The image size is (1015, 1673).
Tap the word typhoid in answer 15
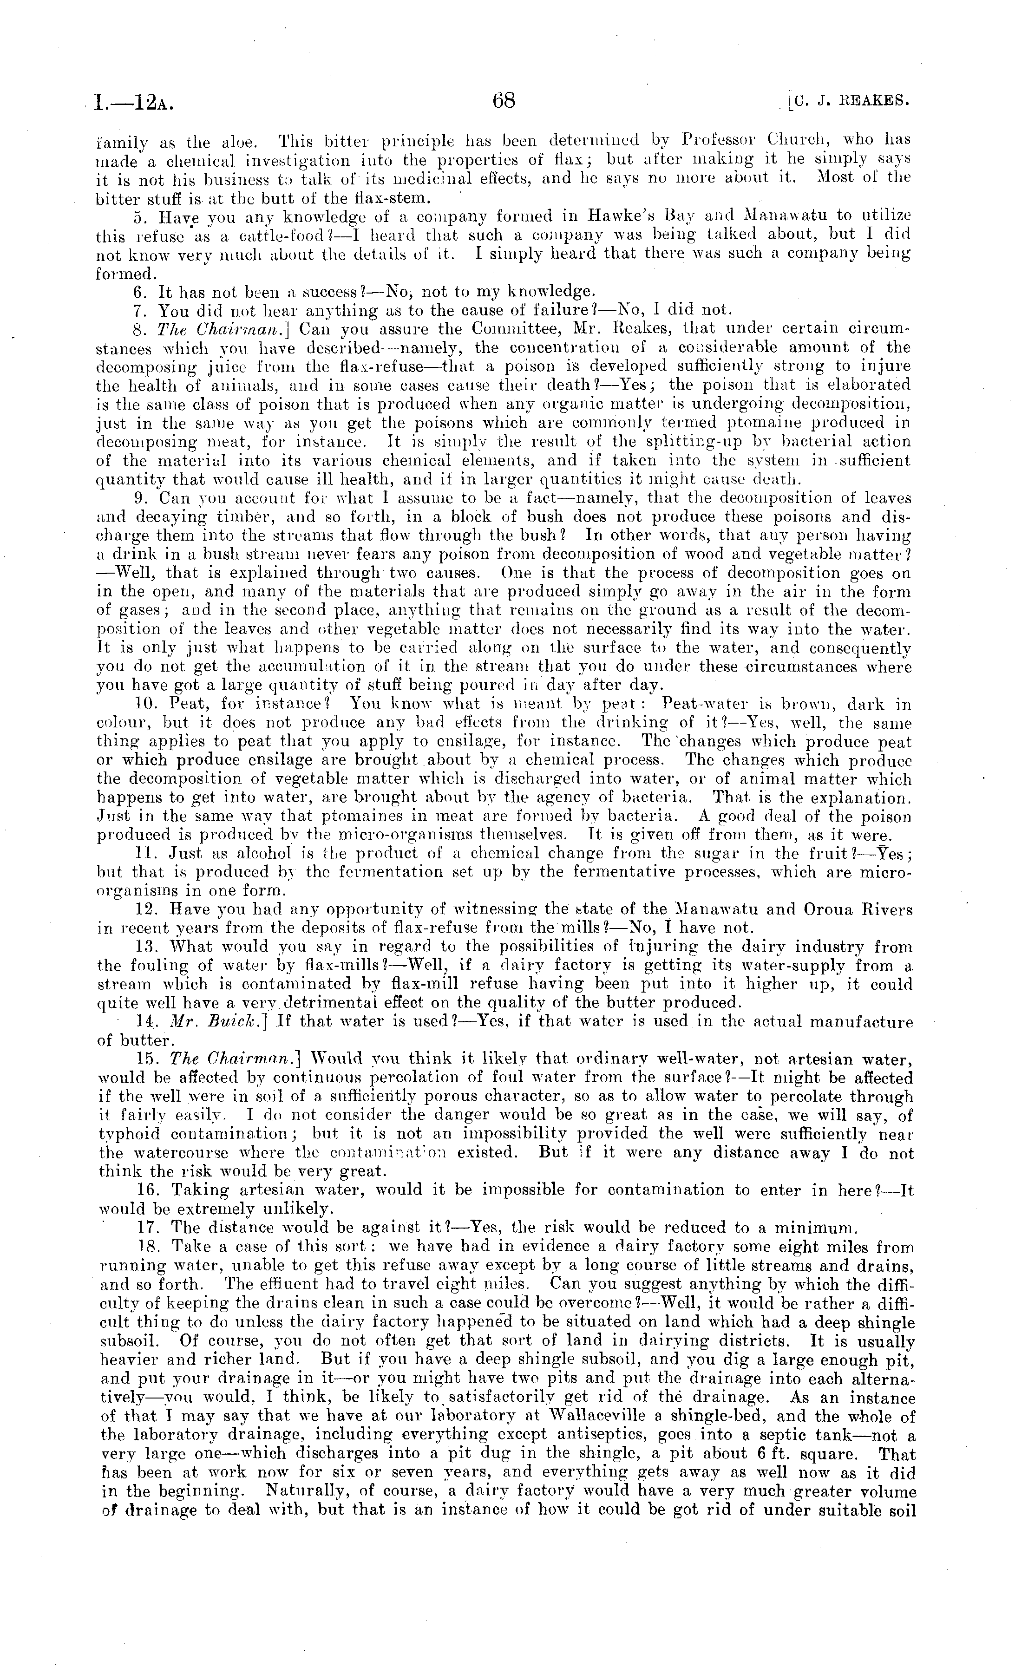[x=131, y=1134]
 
